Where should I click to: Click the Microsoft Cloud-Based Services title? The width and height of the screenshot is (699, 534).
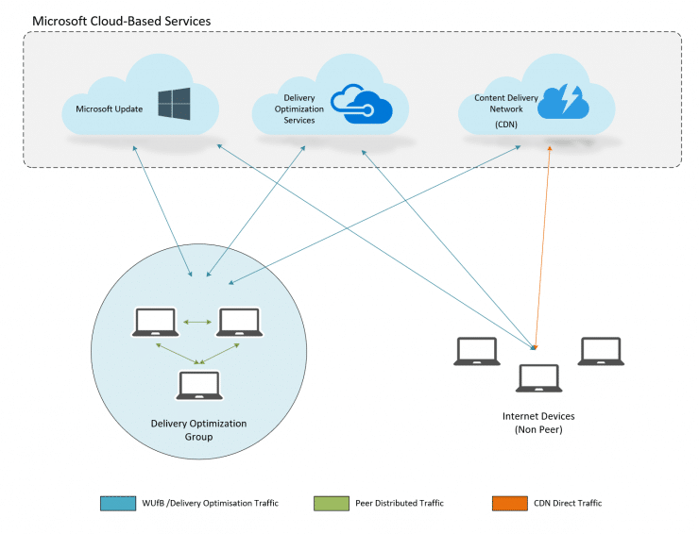pos(122,20)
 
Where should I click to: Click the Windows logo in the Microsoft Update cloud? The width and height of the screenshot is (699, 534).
pos(174,104)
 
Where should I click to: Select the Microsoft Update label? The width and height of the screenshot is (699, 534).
pos(103,109)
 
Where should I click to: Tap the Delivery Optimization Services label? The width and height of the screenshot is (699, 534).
pos(304,108)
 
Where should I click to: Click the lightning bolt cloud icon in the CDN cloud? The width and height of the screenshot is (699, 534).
pos(564,102)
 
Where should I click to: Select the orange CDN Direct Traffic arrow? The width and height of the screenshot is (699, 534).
pos(541,245)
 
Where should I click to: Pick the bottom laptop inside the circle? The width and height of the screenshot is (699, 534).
pos(198,385)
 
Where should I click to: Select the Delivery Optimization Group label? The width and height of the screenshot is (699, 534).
pos(198,429)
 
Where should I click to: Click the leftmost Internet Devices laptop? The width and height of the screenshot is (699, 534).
pos(477,351)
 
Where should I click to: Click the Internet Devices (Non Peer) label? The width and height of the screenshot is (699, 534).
pos(537,422)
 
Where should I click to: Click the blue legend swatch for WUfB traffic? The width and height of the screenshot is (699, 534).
pos(111,503)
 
